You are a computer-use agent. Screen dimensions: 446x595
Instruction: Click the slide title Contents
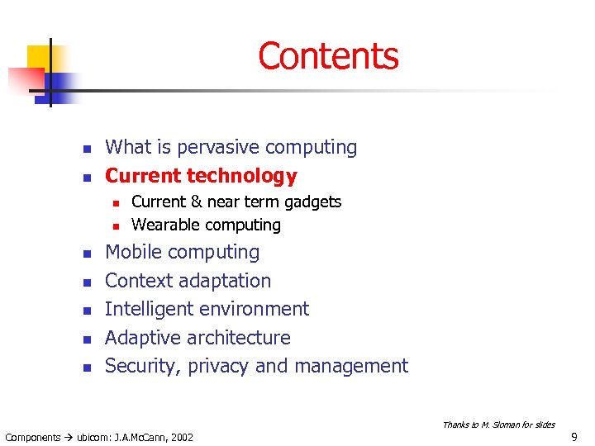click(x=328, y=56)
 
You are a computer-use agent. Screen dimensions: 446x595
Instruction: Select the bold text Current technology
click(x=201, y=176)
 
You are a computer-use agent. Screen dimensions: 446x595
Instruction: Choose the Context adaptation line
click(x=188, y=281)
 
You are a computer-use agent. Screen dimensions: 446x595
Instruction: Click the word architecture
click(x=245, y=338)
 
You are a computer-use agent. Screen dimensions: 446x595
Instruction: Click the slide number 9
click(x=574, y=437)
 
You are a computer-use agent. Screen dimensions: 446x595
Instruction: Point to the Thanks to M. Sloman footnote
click(x=498, y=425)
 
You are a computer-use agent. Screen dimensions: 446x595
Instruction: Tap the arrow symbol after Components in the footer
click(x=69, y=437)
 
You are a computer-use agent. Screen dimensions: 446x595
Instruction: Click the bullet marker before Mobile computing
click(x=85, y=254)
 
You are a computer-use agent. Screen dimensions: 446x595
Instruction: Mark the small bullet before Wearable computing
click(x=117, y=225)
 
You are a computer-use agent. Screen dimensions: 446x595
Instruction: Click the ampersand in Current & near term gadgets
click(x=195, y=202)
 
